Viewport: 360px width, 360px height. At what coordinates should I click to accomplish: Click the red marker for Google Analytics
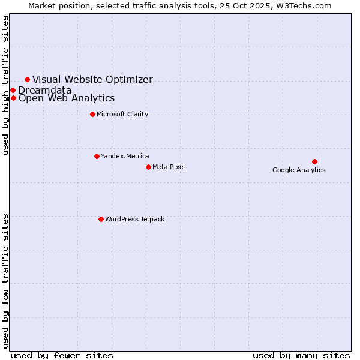coord(314,161)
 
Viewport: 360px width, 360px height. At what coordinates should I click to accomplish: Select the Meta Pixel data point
coord(148,167)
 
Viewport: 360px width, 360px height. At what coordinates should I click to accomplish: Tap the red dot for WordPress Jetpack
coord(101,219)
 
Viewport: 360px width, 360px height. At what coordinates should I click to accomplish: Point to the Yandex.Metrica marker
coord(97,156)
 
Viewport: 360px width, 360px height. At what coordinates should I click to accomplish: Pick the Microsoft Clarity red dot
coord(92,114)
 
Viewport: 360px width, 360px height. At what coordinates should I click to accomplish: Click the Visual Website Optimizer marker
coord(27,79)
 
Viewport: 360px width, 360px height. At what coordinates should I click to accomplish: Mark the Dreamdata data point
coord(13,90)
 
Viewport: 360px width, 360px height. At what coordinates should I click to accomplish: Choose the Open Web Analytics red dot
coord(13,98)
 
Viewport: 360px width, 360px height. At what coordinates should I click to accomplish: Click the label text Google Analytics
coord(299,170)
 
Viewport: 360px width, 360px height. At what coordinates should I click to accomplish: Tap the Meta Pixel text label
coord(169,167)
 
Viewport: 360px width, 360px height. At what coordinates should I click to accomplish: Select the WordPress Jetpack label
coord(134,219)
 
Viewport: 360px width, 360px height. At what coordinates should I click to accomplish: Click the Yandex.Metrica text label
coord(125,156)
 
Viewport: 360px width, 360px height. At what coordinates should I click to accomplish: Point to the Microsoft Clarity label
coord(122,114)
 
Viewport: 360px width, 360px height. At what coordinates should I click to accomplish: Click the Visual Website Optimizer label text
coord(92,79)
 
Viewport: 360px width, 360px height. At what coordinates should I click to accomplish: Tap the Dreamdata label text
coord(45,90)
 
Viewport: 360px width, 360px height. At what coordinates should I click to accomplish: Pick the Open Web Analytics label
coord(67,98)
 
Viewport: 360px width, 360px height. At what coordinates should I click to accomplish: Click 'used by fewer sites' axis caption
coord(62,355)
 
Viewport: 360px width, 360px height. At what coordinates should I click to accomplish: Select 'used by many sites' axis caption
coord(301,355)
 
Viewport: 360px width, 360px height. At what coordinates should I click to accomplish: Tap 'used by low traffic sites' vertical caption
coord(6,280)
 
